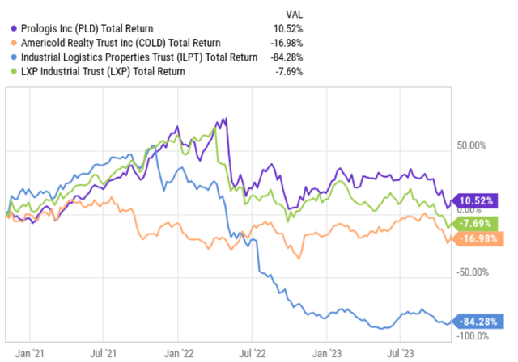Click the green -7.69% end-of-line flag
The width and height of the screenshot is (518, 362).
tap(478, 221)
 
